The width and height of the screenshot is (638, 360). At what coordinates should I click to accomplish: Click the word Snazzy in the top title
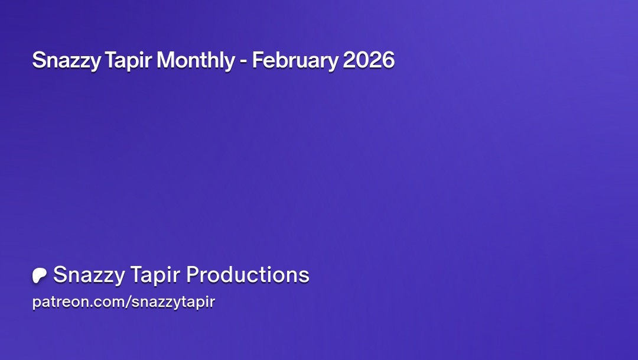click(x=66, y=61)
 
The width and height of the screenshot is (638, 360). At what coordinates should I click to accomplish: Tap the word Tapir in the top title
click(x=128, y=61)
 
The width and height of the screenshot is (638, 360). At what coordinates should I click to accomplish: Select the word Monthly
click(x=196, y=61)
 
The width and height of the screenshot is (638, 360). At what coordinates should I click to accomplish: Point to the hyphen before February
click(x=243, y=61)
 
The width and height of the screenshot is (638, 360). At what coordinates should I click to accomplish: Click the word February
click(x=295, y=61)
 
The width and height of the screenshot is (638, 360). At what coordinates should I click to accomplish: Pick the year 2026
click(x=369, y=60)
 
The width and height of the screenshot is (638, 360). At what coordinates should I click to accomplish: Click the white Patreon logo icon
click(x=40, y=275)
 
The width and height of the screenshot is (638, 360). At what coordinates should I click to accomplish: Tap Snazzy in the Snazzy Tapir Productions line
click(x=89, y=275)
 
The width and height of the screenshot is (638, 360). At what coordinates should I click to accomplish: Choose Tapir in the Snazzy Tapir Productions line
click(x=155, y=275)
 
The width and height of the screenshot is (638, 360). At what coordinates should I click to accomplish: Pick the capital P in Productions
click(x=193, y=274)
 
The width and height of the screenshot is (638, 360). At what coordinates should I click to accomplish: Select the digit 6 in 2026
click(x=388, y=60)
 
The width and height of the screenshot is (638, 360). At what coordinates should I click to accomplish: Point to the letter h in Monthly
click(x=214, y=60)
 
